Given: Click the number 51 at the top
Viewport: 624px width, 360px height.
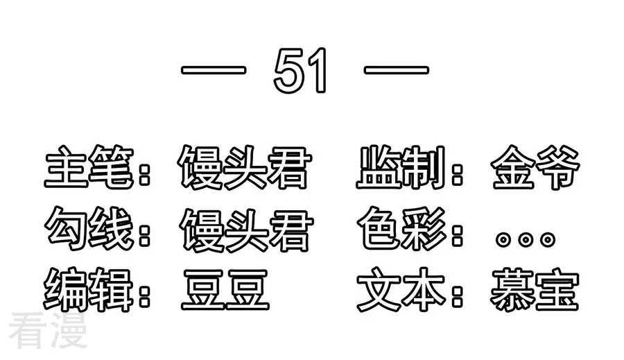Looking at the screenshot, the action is [x=300, y=70].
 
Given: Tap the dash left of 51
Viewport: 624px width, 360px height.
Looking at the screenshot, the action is [x=214, y=71].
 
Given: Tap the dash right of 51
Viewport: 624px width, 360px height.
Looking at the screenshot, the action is [x=397, y=71].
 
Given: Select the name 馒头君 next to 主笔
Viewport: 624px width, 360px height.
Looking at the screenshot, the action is [x=244, y=167].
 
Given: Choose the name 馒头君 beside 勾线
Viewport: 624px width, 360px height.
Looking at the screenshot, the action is [x=246, y=230].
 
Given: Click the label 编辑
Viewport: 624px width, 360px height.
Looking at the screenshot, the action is [x=88, y=289].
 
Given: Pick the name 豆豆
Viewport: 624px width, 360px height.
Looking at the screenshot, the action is [x=225, y=289].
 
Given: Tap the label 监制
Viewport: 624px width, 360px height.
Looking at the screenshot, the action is [x=401, y=166].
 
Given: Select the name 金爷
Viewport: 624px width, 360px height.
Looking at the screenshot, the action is [x=535, y=166].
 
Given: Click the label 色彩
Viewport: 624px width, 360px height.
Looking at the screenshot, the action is [x=402, y=228].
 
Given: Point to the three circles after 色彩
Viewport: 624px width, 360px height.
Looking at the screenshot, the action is [x=526, y=239].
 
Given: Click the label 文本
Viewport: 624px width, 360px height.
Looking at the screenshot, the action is [x=401, y=289].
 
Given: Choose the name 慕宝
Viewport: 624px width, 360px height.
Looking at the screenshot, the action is [x=535, y=289].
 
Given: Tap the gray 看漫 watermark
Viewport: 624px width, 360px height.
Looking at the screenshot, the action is [x=48, y=331].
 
